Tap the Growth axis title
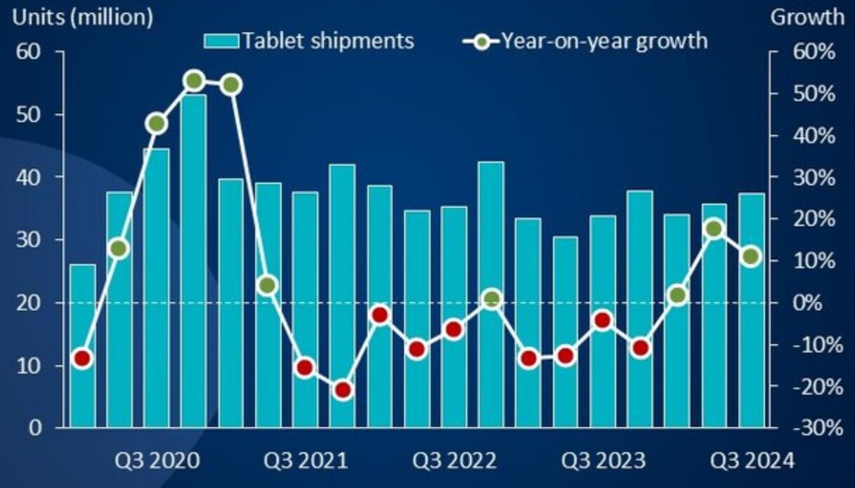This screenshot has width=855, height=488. (807, 17)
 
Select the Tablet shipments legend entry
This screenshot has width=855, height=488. (309, 41)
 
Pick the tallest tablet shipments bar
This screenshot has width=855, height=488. (194, 260)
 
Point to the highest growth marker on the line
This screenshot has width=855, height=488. (195, 80)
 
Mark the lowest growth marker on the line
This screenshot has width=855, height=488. (343, 390)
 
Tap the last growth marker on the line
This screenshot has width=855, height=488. (750, 257)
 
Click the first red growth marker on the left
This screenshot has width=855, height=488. (82, 359)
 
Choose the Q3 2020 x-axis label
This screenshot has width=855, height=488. (157, 461)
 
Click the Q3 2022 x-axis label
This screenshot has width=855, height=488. (454, 461)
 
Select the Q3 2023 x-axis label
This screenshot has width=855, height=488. (603, 461)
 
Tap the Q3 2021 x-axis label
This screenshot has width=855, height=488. (306, 461)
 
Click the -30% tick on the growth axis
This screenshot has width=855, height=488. (815, 428)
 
